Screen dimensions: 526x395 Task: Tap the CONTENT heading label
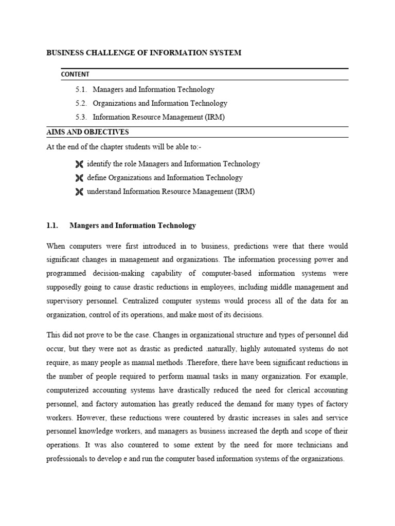[75, 74]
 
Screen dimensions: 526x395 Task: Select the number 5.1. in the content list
[81, 89]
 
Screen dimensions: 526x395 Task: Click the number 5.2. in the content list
[81, 103]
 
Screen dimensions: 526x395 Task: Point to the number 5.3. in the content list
[81, 117]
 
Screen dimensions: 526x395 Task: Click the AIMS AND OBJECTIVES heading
[88, 132]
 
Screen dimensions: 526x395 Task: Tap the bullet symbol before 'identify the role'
[79, 164]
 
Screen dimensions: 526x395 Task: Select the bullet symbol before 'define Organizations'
[79, 178]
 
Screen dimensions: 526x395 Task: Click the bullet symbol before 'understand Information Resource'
[79, 192]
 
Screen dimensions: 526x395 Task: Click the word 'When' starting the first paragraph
[56, 246]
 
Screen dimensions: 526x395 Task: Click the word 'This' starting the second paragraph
[53, 334]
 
